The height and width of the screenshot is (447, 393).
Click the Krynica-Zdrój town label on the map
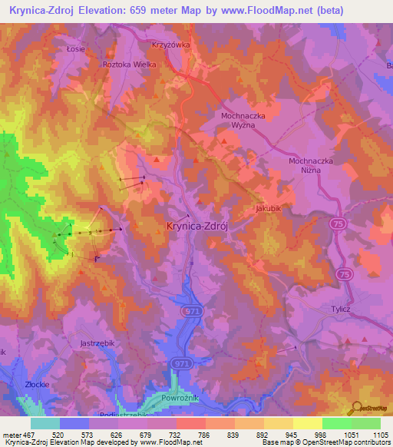[199, 226]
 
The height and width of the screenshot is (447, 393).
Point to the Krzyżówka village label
[171, 45]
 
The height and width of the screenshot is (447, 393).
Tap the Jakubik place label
[269, 207]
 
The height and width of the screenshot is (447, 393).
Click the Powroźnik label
[182, 399]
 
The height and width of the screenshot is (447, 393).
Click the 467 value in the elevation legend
[28, 434]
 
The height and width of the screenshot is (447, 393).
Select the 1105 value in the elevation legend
[379, 434]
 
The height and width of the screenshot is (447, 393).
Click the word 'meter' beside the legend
[9, 434]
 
